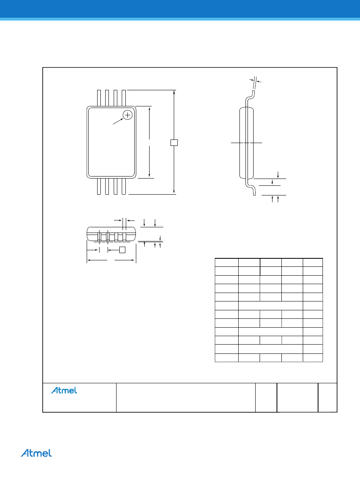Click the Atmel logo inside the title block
pos(64,391)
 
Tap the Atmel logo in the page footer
pos(36,453)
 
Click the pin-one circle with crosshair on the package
pos(127,115)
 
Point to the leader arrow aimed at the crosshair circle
pos(118,121)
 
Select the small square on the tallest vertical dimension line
pos(174,142)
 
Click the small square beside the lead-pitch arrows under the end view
pos(122,250)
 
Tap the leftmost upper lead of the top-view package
pos(99,98)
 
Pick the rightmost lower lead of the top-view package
pos(124,186)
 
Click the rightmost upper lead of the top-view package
pos(124,98)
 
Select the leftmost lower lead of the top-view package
pos(99,186)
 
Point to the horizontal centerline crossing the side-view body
pos(246,142)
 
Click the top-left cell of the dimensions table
pos(227,262)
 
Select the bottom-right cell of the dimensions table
pos(313,358)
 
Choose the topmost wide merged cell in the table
pos(271,306)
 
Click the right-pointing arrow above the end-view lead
pos(118,220)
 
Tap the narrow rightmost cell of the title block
pos(327,397)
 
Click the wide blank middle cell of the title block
pos(185,397)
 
